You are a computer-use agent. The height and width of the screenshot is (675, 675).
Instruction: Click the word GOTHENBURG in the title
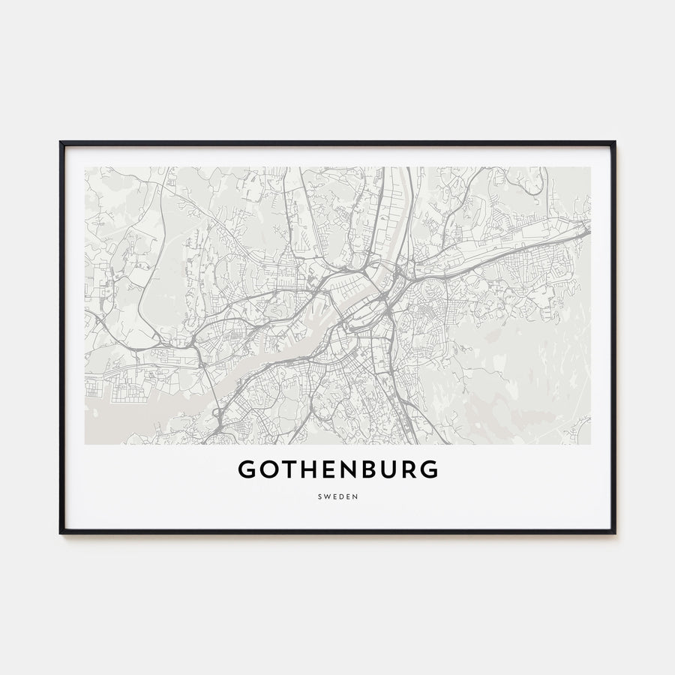pyautogui.click(x=337, y=469)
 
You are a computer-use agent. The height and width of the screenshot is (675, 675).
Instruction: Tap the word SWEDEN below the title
pyautogui.click(x=337, y=496)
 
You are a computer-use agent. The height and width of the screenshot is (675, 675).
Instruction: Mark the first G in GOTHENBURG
pyautogui.click(x=247, y=469)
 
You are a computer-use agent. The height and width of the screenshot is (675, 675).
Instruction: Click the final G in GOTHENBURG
pyautogui.click(x=429, y=469)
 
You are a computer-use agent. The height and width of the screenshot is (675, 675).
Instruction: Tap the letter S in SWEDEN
pyautogui.click(x=320, y=496)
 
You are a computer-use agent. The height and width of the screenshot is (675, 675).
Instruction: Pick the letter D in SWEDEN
pyautogui.click(x=341, y=496)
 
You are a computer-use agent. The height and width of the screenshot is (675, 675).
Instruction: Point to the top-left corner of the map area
pyautogui.click(x=85, y=167)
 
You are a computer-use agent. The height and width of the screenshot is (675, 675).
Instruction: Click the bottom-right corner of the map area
pyautogui.click(x=590, y=444)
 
